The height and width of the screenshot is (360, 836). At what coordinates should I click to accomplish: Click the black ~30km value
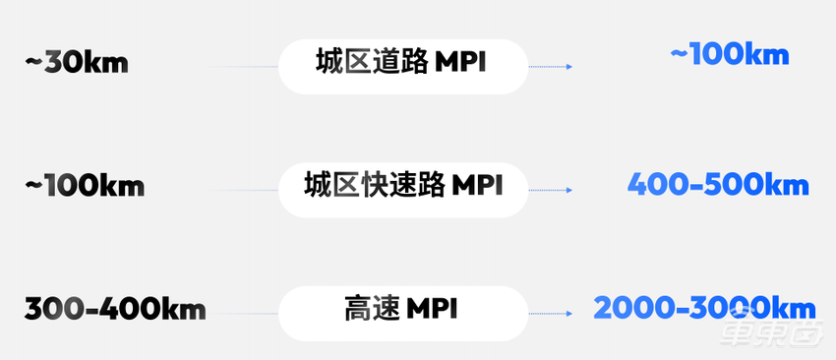click(76, 64)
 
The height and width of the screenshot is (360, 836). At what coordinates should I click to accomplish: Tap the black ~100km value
click(85, 186)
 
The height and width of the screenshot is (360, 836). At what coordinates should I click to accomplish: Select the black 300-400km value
click(115, 311)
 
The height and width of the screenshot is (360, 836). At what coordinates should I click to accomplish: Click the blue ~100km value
click(729, 54)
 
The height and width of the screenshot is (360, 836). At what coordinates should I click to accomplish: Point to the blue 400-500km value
click(718, 184)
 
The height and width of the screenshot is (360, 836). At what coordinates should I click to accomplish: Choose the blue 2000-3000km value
click(704, 308)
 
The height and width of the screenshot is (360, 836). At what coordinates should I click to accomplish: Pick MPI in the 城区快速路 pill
click(476, 186)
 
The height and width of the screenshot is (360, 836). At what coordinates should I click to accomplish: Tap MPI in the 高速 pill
click(430, 310)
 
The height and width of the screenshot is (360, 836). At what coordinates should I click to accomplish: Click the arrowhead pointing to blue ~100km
click(569, 67)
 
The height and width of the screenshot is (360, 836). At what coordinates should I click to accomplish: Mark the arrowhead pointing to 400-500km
click(569, 190)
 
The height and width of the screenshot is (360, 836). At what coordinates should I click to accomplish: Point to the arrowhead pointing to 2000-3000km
click(569, 314)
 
